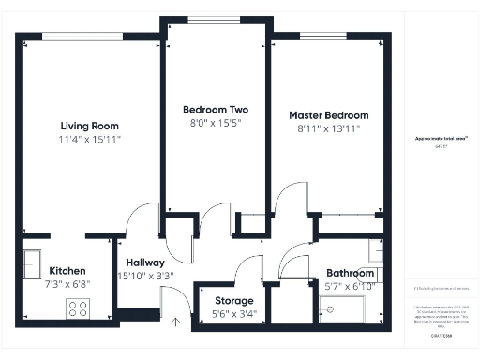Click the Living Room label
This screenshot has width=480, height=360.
tap(90, 126)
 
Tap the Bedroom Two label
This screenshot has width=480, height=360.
tap(215, 109)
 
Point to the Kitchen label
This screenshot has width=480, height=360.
tap(67, 270)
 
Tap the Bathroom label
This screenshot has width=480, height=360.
tap(350, 274)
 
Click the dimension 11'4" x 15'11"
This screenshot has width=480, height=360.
tap(90, 139)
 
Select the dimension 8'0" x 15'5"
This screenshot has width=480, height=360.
tap(215, 122)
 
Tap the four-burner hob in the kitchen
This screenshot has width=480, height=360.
tap(77, 307)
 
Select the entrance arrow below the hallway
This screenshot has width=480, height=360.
tap(175, 322)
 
